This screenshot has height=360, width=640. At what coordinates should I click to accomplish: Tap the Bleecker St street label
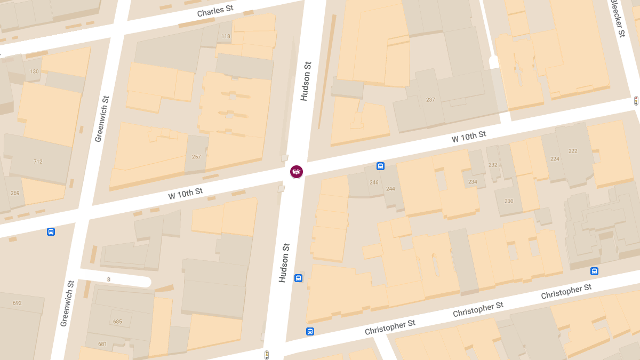618,19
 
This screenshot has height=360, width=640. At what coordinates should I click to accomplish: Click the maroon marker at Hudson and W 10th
297,172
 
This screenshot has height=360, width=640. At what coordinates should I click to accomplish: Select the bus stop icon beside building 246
380,166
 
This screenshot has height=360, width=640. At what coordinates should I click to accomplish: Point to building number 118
226,37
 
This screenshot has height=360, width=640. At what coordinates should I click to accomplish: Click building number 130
35,71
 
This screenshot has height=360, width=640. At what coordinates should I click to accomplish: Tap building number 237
430,100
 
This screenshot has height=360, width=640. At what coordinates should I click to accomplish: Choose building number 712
38,162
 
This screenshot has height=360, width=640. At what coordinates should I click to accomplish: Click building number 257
196,157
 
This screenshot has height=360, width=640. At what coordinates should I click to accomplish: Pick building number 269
15,193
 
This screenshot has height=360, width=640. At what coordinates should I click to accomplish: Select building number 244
390,189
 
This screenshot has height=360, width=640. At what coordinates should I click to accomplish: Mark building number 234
473,182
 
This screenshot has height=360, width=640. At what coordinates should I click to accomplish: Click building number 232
493,165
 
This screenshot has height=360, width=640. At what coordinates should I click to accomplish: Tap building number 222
573,151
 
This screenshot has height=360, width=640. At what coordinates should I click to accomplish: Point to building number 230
509,201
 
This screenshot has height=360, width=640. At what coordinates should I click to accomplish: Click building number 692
17,303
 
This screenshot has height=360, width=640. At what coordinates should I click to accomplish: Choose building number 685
117,322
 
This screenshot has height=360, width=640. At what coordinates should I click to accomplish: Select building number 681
102,344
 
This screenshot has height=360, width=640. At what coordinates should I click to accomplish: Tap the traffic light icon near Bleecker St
636,100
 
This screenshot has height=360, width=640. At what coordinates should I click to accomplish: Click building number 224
555,159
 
